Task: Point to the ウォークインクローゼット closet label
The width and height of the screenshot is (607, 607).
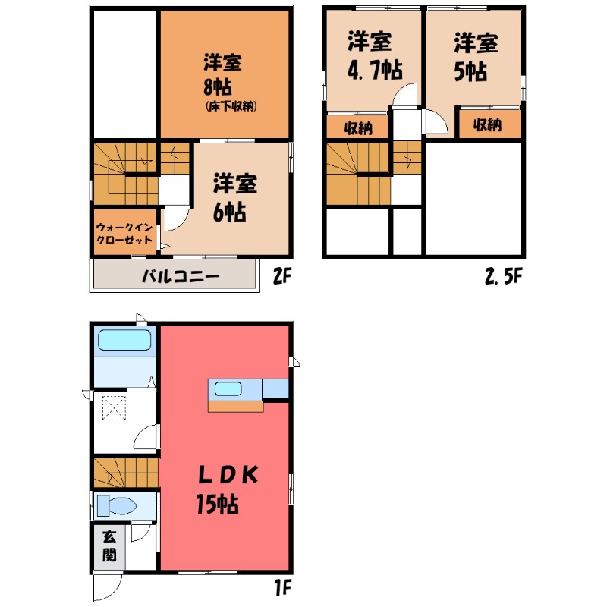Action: coord(125,234)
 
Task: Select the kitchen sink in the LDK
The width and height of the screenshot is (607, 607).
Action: coord(228,389)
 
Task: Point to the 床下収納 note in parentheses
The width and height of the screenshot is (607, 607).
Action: coord(231,106)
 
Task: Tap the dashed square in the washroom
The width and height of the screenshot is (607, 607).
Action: coord(113,410)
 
